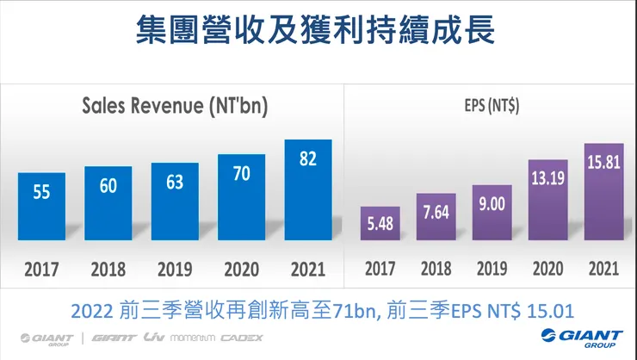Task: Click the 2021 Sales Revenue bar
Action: [308, 189]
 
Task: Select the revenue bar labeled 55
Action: [41, 207]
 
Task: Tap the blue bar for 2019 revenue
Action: [175, 202]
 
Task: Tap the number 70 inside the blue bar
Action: [242, 172]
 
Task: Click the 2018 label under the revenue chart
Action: [108, 270]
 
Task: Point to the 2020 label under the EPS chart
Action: [547, 269]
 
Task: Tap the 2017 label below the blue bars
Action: [41, 270]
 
